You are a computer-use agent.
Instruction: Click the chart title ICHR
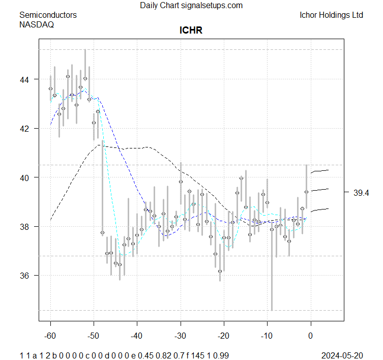tap(191, 31)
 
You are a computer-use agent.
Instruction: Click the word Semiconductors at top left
tap(48, 15)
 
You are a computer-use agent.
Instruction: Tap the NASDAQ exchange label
tap(37, 24)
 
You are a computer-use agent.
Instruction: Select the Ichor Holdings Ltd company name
tap(332, 15)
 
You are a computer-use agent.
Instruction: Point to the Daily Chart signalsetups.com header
tap(191, 6)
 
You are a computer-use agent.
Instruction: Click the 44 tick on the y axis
tap(25, 79)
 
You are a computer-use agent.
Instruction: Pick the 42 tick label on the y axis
tap(25, 129)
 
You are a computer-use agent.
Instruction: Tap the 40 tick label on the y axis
tap(25, 177)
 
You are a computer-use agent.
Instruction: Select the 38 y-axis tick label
tap(25, 226)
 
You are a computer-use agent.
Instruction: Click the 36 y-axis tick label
tap(25, 276)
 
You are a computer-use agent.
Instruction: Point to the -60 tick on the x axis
tap(50, 336)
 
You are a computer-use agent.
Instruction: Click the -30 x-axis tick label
tap(181, 336)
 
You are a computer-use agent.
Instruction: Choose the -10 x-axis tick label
tap(267, 336)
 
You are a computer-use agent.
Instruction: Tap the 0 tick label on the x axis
tap(311, 336)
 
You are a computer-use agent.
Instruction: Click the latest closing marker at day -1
tap(306, 192)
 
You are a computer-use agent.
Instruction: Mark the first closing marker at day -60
tap(50, 88)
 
